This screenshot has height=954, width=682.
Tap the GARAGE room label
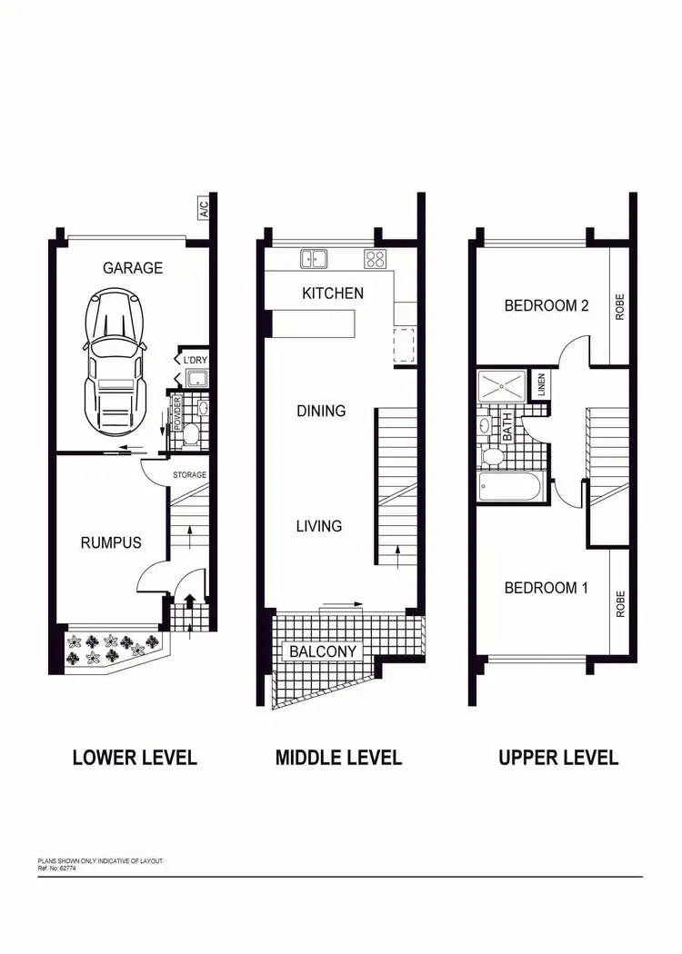point(133,268)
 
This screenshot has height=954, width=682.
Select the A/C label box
point(204,209)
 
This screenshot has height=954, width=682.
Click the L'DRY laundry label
point(196,361)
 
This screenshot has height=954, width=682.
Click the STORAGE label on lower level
point(190,475)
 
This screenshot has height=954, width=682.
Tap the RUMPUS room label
point(111,542)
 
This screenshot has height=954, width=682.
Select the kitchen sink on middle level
point(315,259)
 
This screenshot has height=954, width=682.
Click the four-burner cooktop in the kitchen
point(375,259)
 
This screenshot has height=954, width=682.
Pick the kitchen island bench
point(314,323)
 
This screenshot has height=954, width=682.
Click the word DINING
point(321,411)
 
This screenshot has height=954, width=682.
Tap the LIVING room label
point(318,526)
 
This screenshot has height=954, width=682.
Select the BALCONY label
point(323,651)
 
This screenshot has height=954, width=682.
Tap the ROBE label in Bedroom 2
point(620,306)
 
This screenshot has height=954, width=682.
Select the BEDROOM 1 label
point(546,588)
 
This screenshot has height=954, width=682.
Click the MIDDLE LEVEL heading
point(338,757)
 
